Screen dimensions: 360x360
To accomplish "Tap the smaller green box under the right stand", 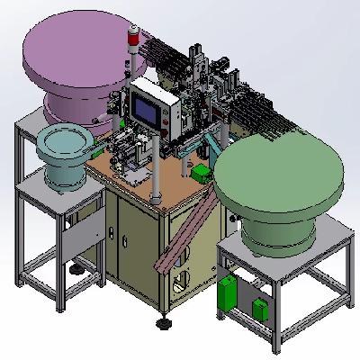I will tap(263, 308).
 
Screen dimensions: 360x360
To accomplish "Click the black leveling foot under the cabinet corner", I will tap(164, 320).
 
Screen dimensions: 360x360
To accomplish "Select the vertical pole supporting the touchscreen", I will tap(154, 171).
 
